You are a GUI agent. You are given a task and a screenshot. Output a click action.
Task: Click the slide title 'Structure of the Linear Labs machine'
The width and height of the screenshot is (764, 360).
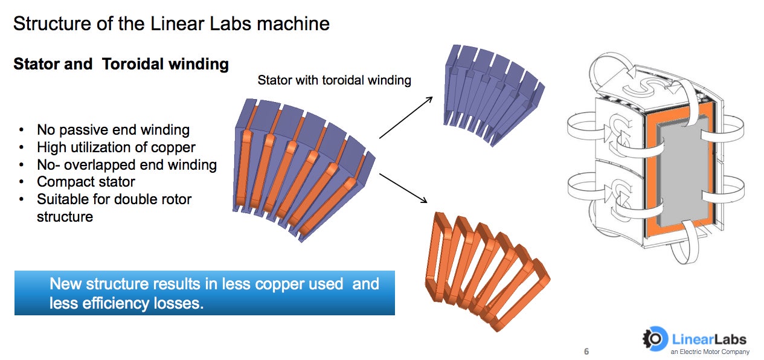click(x=172, y=24)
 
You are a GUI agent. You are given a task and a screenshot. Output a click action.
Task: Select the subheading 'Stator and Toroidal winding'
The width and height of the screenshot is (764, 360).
click(x=121, y=64)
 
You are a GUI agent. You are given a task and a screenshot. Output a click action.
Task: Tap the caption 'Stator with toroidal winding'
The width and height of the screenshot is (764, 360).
click(x=334, y=80)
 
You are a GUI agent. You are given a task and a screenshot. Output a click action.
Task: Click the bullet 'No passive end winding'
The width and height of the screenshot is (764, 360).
click(x=113, y=130)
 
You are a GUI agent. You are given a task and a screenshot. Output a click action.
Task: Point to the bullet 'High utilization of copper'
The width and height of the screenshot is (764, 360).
click(x=116, y=147)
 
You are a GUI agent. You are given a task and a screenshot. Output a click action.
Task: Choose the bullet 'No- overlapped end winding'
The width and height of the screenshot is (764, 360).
click(x=127, y=164)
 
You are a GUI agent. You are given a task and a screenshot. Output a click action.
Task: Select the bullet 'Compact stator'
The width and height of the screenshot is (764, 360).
click(x=86, y=182)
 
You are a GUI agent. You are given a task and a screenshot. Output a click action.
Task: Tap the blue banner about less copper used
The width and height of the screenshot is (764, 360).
click(x=204, y=293)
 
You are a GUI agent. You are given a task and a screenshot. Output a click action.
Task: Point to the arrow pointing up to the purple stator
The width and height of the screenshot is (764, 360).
click(x=406, y=117)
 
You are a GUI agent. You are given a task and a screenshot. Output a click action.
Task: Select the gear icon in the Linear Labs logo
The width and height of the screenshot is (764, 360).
click(x=653, y=339)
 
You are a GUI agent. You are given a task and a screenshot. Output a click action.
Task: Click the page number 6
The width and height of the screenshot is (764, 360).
click(x=586, y=352)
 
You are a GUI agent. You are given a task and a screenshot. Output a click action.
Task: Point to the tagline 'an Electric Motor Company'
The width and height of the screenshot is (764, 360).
click(x=710, y=352)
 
